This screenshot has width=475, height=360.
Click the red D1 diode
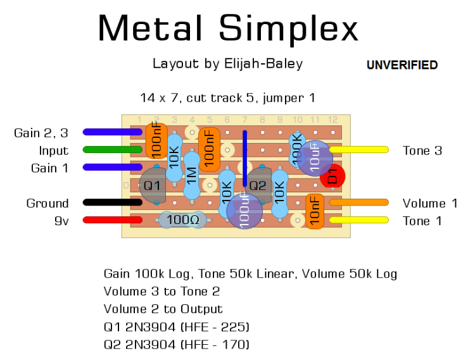tap(332, 177)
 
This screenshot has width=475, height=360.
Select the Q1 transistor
tap(152, 185)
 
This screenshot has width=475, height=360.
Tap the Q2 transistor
tap(258, 185)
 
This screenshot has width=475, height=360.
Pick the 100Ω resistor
tap(182, 220)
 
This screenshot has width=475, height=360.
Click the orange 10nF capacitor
tap(314, 211)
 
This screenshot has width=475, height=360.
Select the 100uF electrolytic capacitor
tap(244, 210)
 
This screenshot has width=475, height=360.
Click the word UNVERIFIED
tap(402, 65)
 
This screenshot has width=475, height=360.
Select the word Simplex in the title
tap(288, 28)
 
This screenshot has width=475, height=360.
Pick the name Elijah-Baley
tap(263, 63)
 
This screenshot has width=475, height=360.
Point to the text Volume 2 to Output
tap(163, 309)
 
